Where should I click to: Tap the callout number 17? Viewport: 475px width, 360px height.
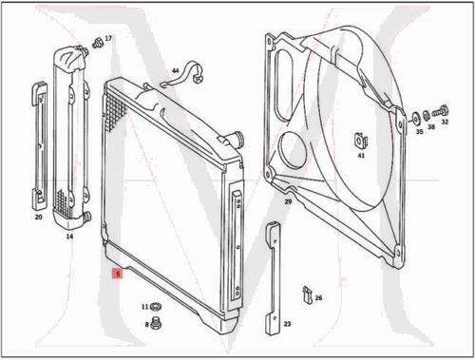(x=107, y=39)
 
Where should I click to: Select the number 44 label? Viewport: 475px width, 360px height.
(x=175, y=71)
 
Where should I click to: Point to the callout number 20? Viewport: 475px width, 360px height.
(x=38, y=218)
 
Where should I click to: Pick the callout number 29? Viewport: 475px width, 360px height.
(x=287, y=202)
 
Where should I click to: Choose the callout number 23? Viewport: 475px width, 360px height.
(x=287, y=324)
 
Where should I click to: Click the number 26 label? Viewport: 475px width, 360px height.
(x=318, y=298)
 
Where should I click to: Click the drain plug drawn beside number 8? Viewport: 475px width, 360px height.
(x=156, y=324)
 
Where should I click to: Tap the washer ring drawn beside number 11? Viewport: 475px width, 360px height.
(x=156, y=307)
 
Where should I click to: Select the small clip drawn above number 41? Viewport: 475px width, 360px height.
(x=361, y=139)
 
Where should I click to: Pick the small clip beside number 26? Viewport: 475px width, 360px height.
(x=306, y=294)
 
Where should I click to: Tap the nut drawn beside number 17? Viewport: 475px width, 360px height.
(x=96, y=44)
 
